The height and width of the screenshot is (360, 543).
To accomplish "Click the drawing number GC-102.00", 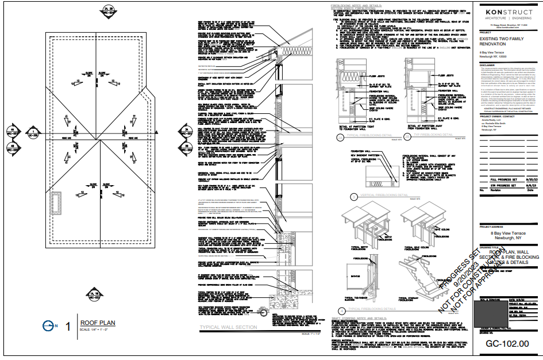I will pyautogui.click(x=507, y=344).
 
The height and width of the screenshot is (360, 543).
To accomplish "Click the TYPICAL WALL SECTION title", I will pyautogui.click(x=228, y=327).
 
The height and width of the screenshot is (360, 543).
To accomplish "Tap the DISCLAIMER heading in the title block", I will pyautogui.click(x=488, y=65).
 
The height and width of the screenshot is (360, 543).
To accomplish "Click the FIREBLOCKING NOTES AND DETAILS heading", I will pyautogui.click(x=362, y=7).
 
